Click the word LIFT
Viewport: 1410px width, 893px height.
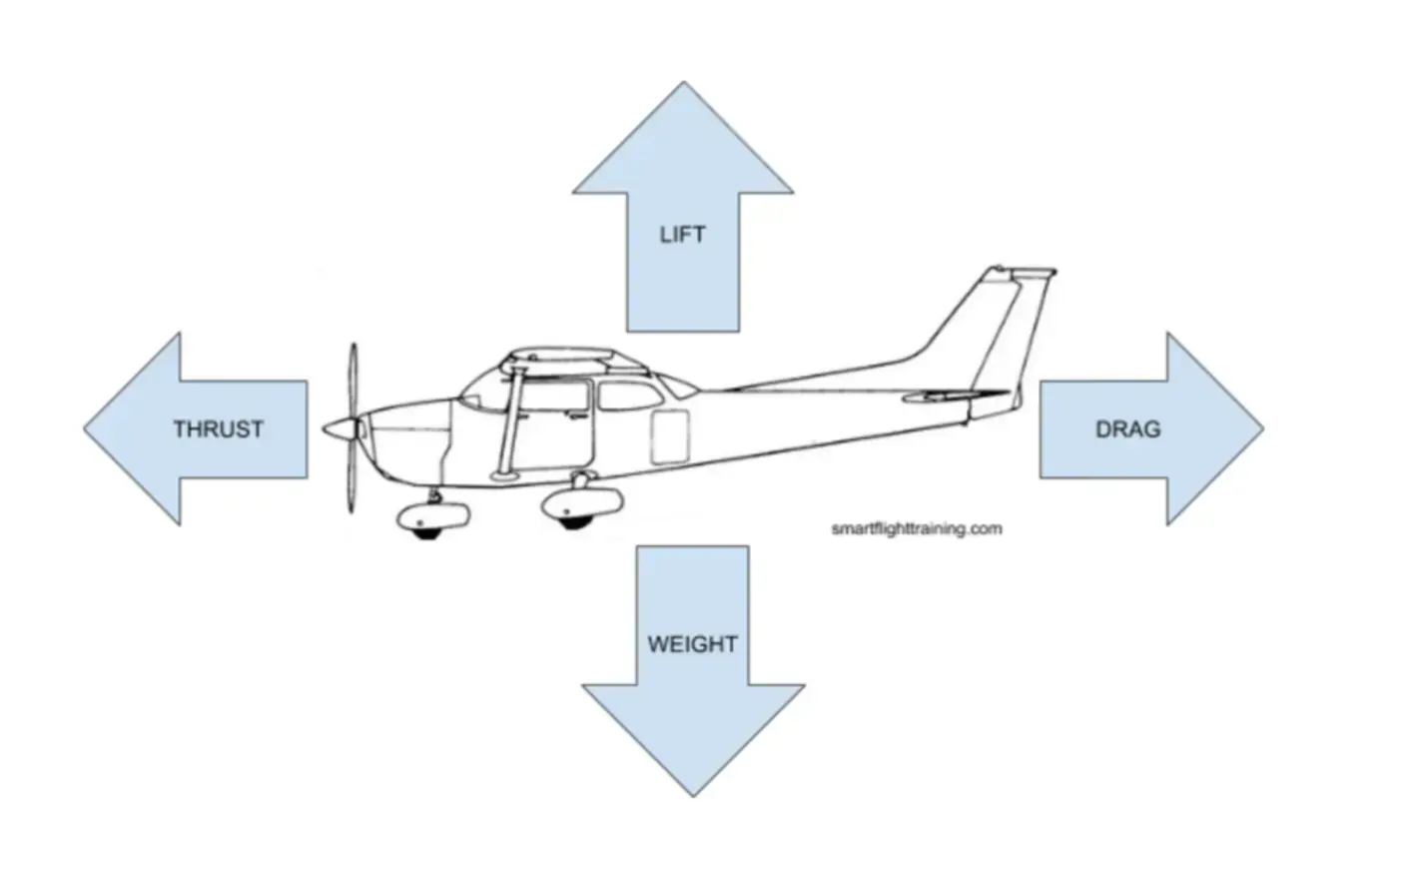point(682,235)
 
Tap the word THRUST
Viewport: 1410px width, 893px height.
point(218,430)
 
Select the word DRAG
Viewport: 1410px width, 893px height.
point(1127,430)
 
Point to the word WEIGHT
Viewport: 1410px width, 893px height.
point(692,644)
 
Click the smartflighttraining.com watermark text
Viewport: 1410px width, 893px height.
point(916,528)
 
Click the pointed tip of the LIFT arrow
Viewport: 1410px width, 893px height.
point(683,85)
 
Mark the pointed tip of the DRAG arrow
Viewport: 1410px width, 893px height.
point(1260,429)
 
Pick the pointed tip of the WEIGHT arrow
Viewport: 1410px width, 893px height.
point(693,793)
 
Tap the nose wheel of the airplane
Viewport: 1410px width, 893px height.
point(427,526)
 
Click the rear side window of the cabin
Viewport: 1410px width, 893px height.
point(629,395)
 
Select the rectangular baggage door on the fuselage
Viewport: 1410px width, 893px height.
point(669,437)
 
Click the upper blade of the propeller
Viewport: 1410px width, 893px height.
point(352,380)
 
